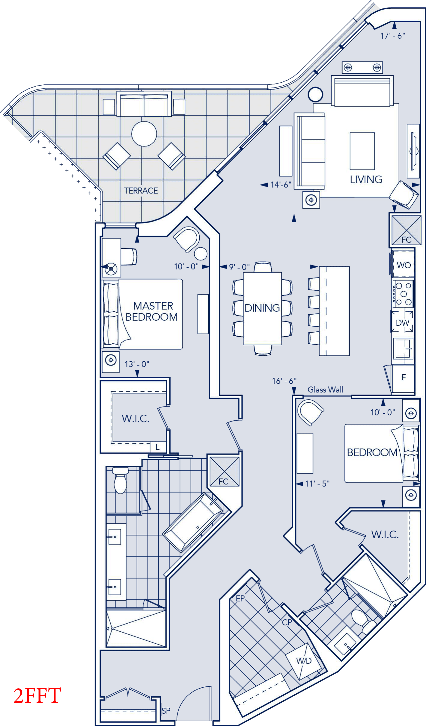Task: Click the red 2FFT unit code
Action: click(37, 695)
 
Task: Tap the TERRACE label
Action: click(141, 191)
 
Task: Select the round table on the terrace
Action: click(144, 134)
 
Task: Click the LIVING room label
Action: click(366, 179)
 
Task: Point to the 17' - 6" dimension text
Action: click(393, 36)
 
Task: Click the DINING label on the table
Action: click(262, 308)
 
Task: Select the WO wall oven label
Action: click(404, 265)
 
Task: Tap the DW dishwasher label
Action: click(402, 323)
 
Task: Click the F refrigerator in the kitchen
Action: click(404, 378)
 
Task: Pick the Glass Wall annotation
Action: click(325, 390)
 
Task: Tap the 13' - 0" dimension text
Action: click(137, 364)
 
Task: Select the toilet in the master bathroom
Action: click(121, 481)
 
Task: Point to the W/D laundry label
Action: click(304, 661)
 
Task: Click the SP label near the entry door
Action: click(166, 711)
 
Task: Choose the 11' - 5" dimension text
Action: click(317, 484)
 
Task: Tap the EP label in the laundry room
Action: click(240, 598)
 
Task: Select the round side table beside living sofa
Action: click(315, 94)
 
